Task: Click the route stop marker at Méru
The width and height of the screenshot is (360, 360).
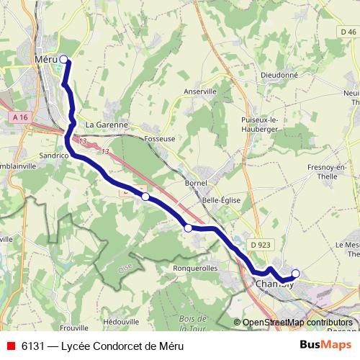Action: point(63,60)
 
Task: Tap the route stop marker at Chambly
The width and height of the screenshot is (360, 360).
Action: point(295,274)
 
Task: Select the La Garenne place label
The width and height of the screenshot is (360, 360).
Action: point(106,124)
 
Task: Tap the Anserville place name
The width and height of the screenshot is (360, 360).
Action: point(200,92)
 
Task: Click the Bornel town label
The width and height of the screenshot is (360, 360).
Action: point(196,183)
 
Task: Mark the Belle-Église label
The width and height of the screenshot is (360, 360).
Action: point(222,200)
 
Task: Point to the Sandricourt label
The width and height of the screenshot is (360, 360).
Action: point(53,155)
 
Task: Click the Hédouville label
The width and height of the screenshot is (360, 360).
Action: point(122,321)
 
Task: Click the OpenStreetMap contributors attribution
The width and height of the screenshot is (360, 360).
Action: point(297,323)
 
